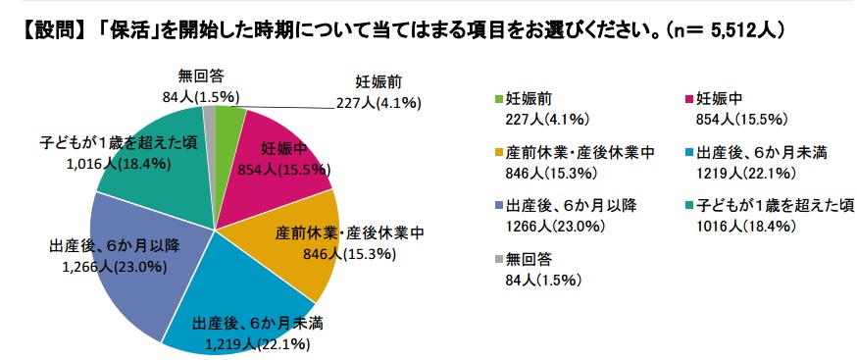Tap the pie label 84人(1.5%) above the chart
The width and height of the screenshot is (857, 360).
click(201, 97)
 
